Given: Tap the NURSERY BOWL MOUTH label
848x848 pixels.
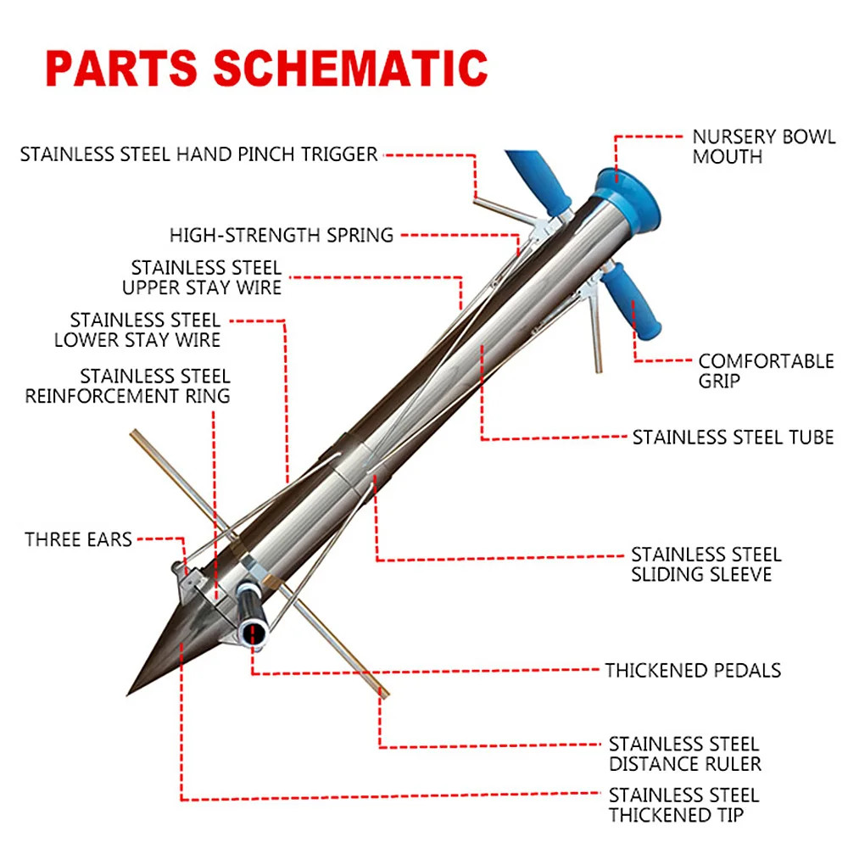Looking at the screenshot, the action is [763, 147].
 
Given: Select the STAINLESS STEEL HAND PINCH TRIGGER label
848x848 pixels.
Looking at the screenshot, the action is [198, 154].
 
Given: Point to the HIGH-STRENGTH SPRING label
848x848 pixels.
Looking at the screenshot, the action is [282, 235].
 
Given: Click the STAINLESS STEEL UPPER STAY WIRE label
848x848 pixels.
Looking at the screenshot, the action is [202, 277].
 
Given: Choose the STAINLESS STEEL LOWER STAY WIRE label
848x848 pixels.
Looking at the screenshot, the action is [137, 330].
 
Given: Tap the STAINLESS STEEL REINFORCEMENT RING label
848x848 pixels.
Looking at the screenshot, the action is [127, 385].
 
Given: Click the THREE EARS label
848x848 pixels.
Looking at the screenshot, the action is [78, 539].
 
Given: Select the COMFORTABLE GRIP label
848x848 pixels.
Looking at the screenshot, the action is [766, 371].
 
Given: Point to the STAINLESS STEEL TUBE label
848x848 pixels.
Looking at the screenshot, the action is [733, 438].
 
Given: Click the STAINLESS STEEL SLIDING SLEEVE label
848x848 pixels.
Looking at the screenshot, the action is [706, 564].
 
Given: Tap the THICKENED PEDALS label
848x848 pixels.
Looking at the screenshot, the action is [692, 670].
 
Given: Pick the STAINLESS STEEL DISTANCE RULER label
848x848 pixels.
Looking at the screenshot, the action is [684, 754].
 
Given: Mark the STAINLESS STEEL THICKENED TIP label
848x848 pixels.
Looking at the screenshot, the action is [683, 805].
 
